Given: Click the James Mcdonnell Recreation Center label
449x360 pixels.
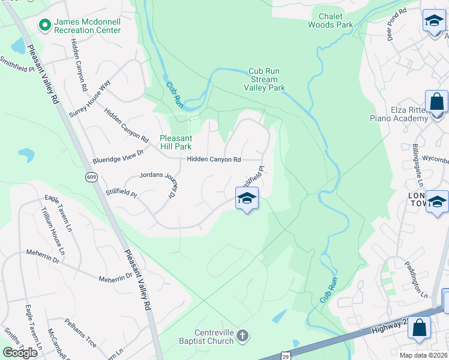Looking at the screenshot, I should (x=88, y=26).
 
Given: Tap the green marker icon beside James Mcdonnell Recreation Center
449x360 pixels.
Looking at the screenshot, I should (x=44, y=25).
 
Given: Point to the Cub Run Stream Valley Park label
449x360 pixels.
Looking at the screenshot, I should (x=264, y=79).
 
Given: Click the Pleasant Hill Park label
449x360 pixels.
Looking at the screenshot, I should (x=175, y=142).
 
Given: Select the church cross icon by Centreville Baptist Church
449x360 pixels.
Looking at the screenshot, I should (x=242, y=335).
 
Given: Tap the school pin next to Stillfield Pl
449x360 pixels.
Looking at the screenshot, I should (x=247, y=199).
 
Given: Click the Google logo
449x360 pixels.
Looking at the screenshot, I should (x=20, y=352).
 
